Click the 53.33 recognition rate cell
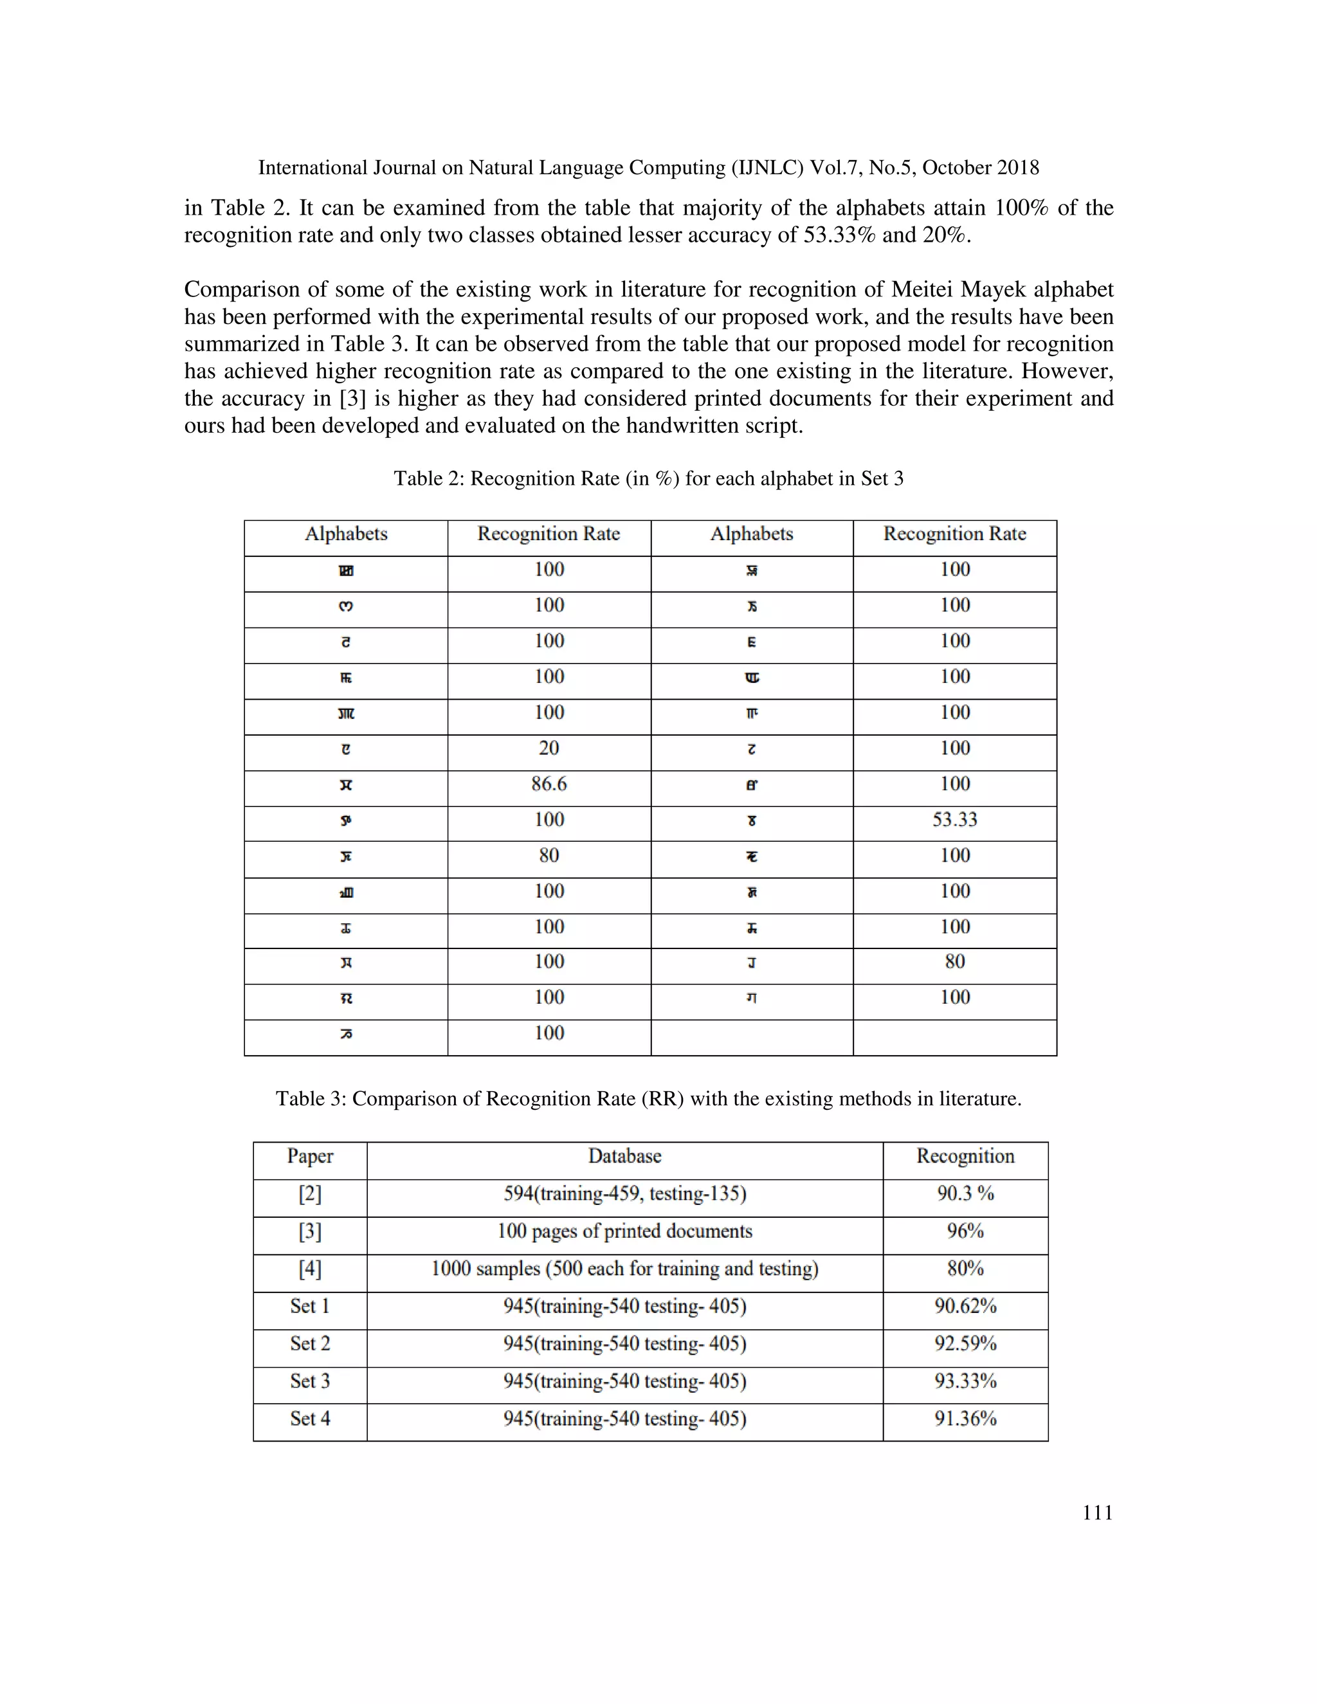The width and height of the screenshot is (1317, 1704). pyautogui.click(x=954, y=820)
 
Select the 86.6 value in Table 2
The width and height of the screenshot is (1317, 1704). pyautogui.click(x=549, y=784)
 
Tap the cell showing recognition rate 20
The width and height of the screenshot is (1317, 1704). pyautogui.click(x=549, y=748)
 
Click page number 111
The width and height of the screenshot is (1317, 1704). pyautogui.click(x=1097, y=1513)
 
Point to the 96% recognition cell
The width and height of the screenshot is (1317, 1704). pyautogui.click(x=965, y=1231)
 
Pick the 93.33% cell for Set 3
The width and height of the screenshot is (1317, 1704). pyautogui.click(x=965, y=1381)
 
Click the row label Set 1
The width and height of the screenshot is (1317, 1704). pyautogui.click(x=310, y=1306)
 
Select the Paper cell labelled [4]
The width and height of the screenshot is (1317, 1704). pyautogui.click(x=310, y=1269)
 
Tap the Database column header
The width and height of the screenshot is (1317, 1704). pyautogui.click(x=624, y=1156)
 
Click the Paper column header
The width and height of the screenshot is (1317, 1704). pyautogui.click(x=310, y=1156)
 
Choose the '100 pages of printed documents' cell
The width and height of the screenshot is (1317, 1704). pyautogui.click(x=624, y=1231)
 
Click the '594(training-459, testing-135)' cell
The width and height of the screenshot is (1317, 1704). pyautogui.click(x=624, y=1193)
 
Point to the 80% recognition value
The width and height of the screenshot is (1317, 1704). pyautogui.click(x=965, y=1269)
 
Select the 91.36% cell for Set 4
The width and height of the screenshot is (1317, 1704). pyautogui.click(x=965, y=1418)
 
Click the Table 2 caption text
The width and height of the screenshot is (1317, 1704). pyautogui.click(x=648, y=478)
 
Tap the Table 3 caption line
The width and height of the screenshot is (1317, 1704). pyautogui.click(x=648, y=1098)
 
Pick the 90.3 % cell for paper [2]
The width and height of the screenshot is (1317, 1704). pyautogui.click(x=965, y=1193)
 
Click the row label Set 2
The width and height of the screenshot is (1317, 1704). pyautogui.click(x=310, y=1343)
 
